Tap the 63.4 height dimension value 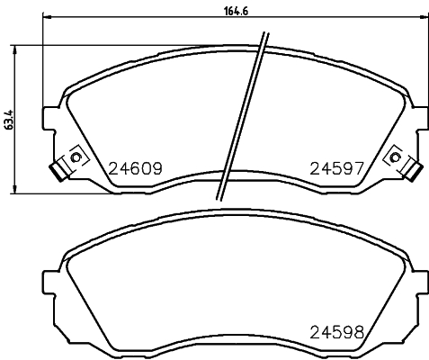click(10, 118)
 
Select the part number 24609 click(134, 167)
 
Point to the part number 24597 click(336, 167)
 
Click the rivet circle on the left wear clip click(76, 159)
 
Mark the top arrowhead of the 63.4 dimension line click(14, 47)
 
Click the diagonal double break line click(242, 117)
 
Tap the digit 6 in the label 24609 click(134, 167)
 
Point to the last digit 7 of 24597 click(357, 167)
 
